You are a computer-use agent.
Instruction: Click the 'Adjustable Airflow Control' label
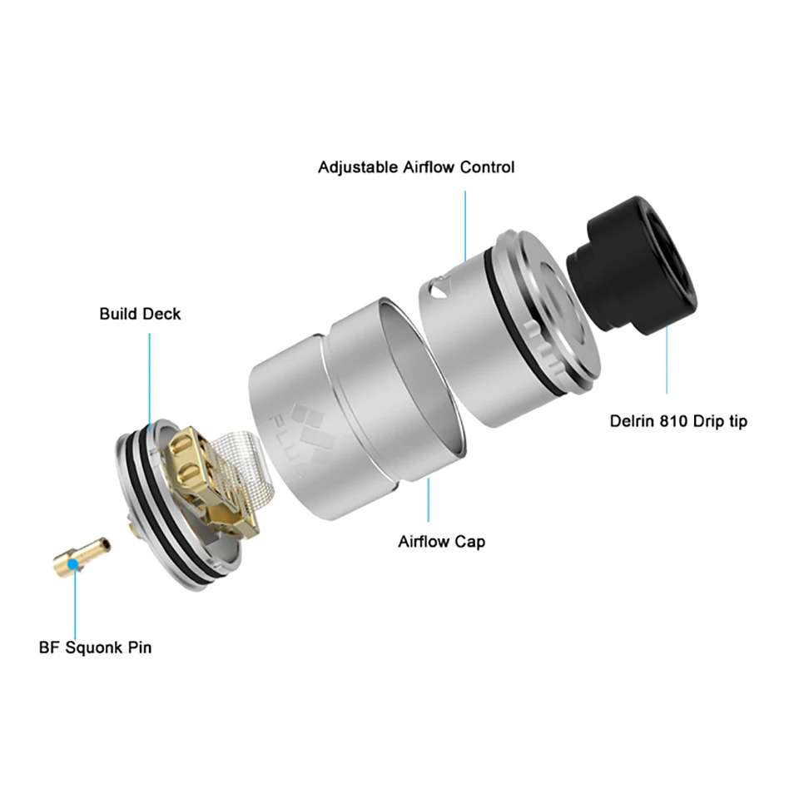click(416, 167)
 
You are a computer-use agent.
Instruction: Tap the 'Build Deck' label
click(140, 314)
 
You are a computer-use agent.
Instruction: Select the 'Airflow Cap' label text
click(441, 542)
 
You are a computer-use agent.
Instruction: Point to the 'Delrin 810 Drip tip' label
click(678, 421)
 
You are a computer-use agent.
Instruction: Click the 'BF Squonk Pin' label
click(96, 647)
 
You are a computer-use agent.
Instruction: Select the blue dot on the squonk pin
click(76, 564)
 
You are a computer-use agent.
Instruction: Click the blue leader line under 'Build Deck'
click(150, 375)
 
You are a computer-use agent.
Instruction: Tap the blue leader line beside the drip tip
click(667, 358)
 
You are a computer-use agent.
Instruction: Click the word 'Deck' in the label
click(161, 314)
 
